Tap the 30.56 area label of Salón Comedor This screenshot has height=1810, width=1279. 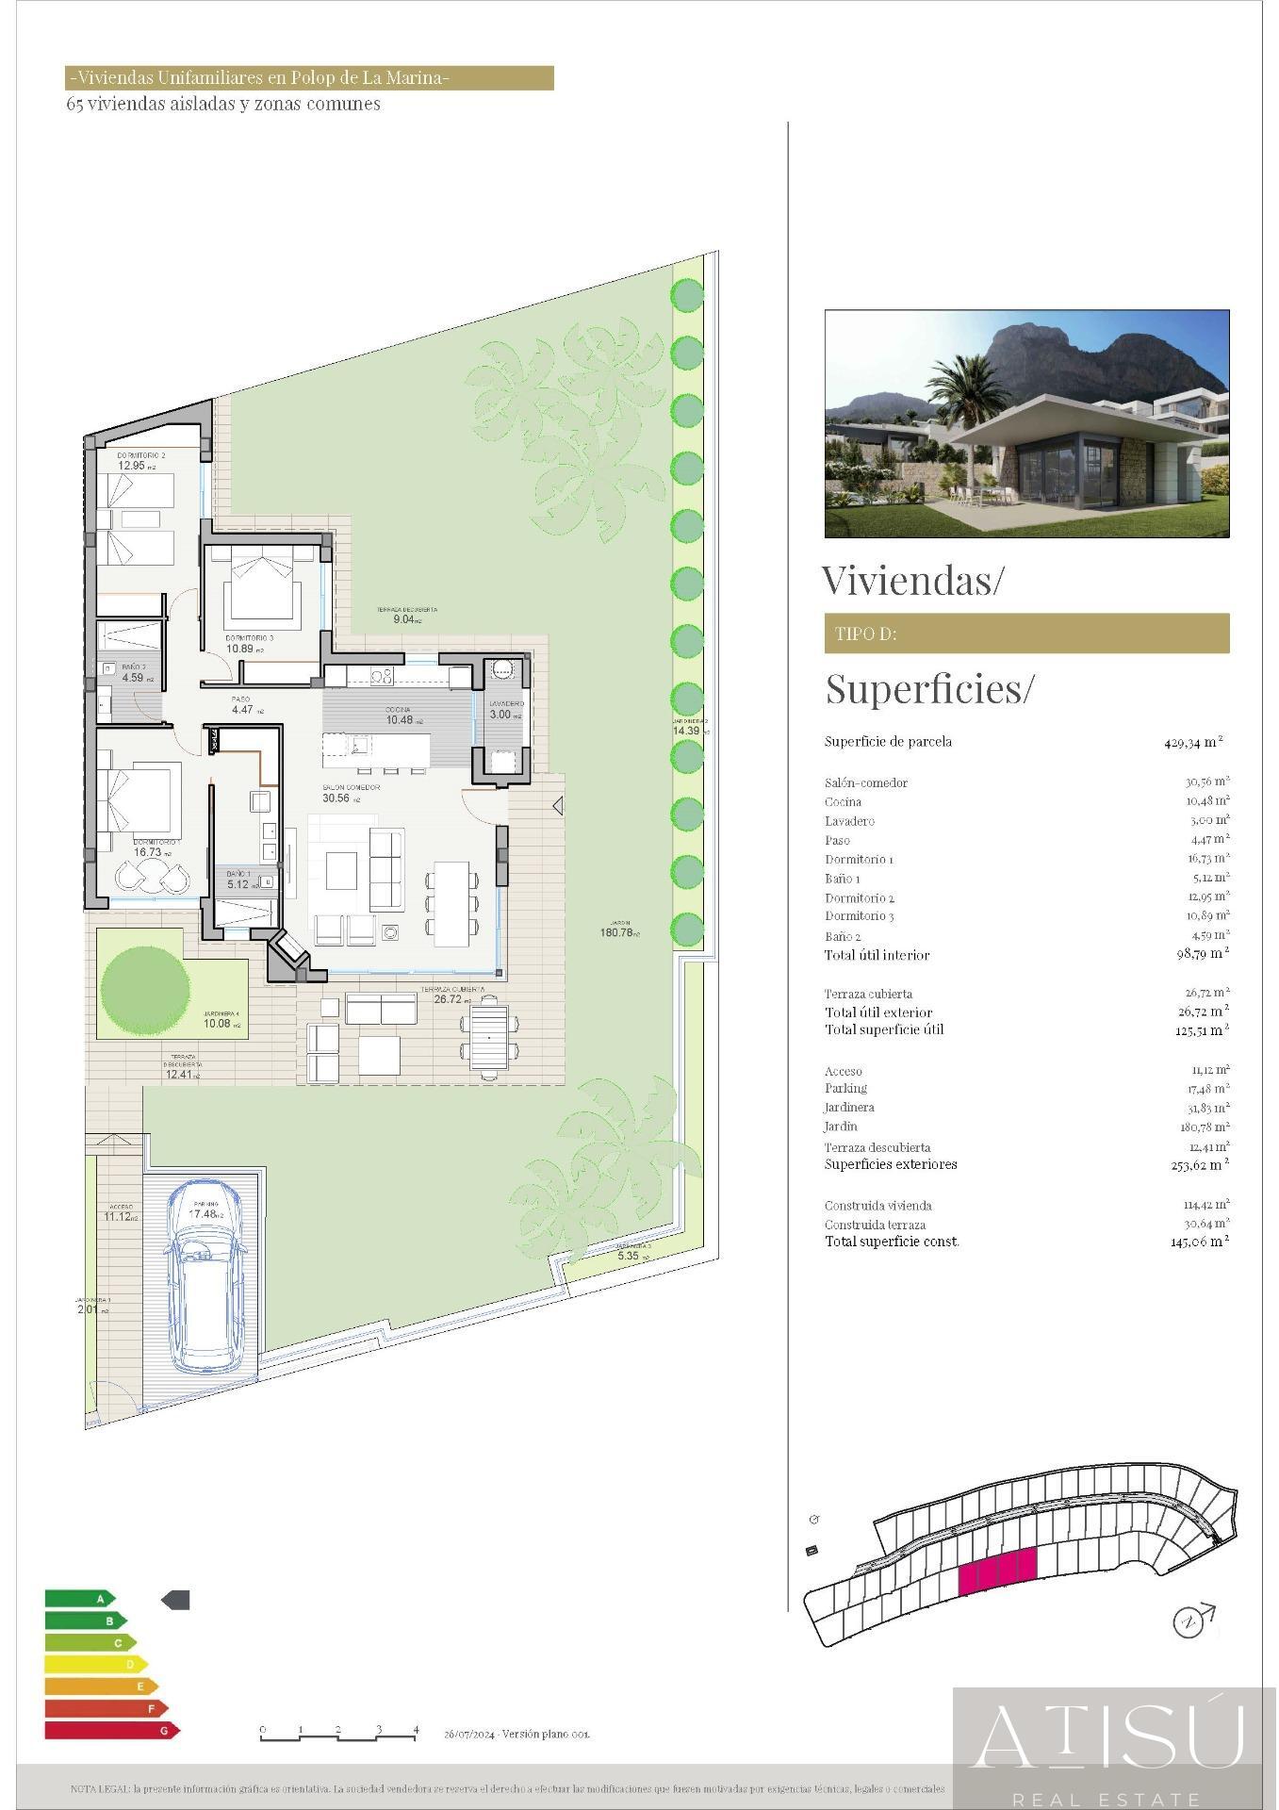pyautogui.click(x=336, y=798)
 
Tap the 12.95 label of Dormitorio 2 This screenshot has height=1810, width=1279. pyautogui.click(x=133, y=465)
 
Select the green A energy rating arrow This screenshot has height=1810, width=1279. pyautogui.click(x=80, y=1599)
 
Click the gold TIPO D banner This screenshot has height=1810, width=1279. pyautogui.click(x=1026, y=633)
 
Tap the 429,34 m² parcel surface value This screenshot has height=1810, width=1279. pyautogui.click(x=1193, y=742)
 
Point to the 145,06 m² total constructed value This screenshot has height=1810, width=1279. pyautogui.click(x=1199, y=1242)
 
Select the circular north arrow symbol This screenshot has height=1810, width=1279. pyautogui.click(x=1188, y=1621)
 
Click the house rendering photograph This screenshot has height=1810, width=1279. pyautogui.click(x=1026, y=423)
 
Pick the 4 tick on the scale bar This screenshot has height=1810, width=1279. pyautogui.click(x=416, y=1730)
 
